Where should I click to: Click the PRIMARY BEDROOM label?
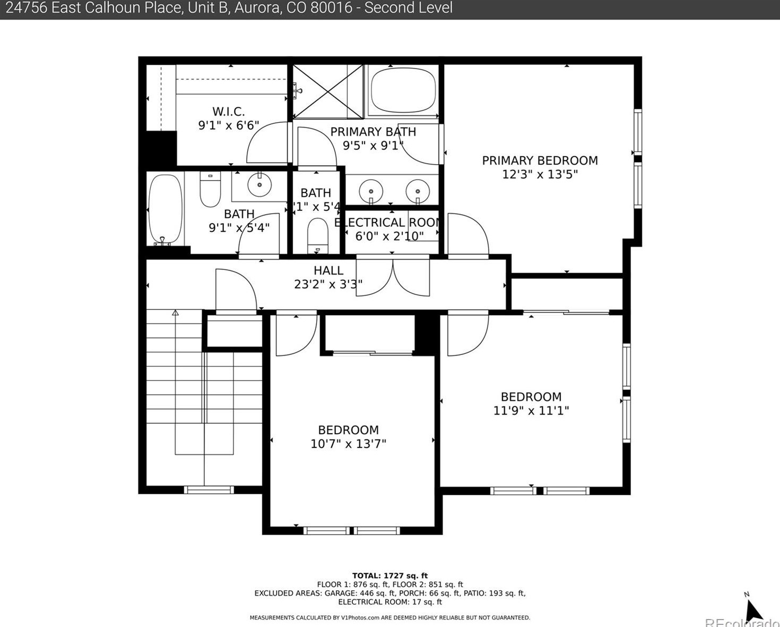point(540,160)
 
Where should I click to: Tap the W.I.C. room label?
point(228,112)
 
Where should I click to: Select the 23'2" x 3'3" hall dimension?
point(328,284)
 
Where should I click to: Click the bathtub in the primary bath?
point(403,90)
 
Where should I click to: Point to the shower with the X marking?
point(328,92)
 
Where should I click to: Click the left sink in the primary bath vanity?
point(371,191)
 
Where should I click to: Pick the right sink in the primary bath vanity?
point(418,191)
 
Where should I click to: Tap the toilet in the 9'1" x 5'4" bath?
point(210,190)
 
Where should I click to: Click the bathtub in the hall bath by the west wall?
point(165,210)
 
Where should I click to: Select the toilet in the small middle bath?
point(318,235)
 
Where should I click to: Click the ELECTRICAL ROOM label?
point(389,223)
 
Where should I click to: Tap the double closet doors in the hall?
point(393,276)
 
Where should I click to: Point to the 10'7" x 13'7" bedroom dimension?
point(348,444)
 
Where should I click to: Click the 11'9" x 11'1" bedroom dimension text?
point(531,410)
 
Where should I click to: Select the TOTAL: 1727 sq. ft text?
point(389,575)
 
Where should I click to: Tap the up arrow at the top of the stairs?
point(175,313)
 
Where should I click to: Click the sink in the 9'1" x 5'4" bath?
point(259,184)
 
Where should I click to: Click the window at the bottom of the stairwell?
point(209,490)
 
